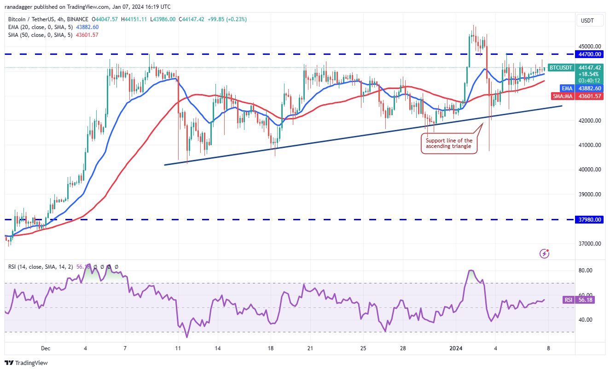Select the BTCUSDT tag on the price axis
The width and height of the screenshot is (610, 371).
point(561,68)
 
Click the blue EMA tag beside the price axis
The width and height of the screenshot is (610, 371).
point(566,88)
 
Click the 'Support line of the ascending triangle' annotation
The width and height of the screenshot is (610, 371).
point(449,143)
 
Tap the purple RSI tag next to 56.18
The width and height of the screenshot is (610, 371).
point(568,300)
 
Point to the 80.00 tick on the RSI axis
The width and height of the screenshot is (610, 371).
point(586,271)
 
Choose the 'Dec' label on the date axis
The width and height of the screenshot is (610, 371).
point(45,348)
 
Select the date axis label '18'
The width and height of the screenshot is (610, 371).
point(271,348)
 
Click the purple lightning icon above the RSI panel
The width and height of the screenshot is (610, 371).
point(545,253)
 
